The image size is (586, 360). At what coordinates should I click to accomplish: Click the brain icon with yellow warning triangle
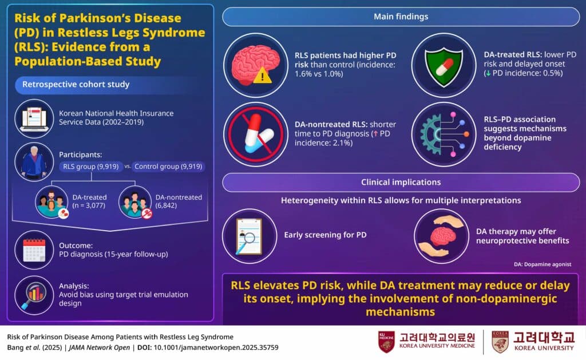[x=255, y=64]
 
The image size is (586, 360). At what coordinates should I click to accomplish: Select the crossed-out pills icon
[x=255, y=134]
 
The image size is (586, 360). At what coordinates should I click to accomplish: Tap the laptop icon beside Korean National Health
[x=34, y=118]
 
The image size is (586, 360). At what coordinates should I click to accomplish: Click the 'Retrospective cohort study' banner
[x=76, y=85]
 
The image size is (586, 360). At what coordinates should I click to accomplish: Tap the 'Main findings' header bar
[x=401, y=17]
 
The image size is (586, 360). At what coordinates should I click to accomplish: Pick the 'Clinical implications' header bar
[x=401, y=183]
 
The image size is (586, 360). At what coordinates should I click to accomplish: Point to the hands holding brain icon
[x=441, y=235]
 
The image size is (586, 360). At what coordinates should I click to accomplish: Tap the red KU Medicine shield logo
[x=386, y=342]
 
